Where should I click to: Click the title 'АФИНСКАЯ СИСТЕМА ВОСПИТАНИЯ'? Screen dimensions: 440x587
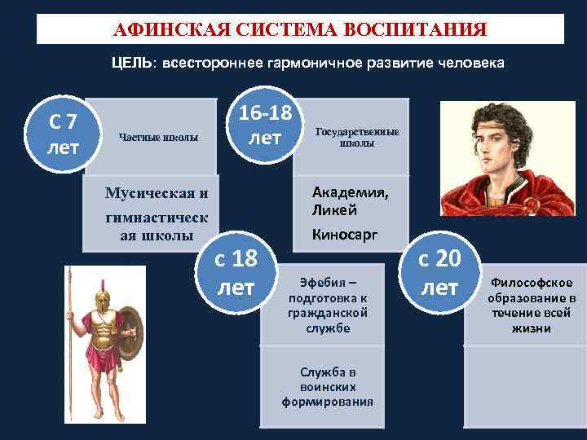pos(299,30)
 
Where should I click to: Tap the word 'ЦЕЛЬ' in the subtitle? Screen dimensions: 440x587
pos(130,63)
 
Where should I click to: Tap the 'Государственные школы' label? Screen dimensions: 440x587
pos(358,136)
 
